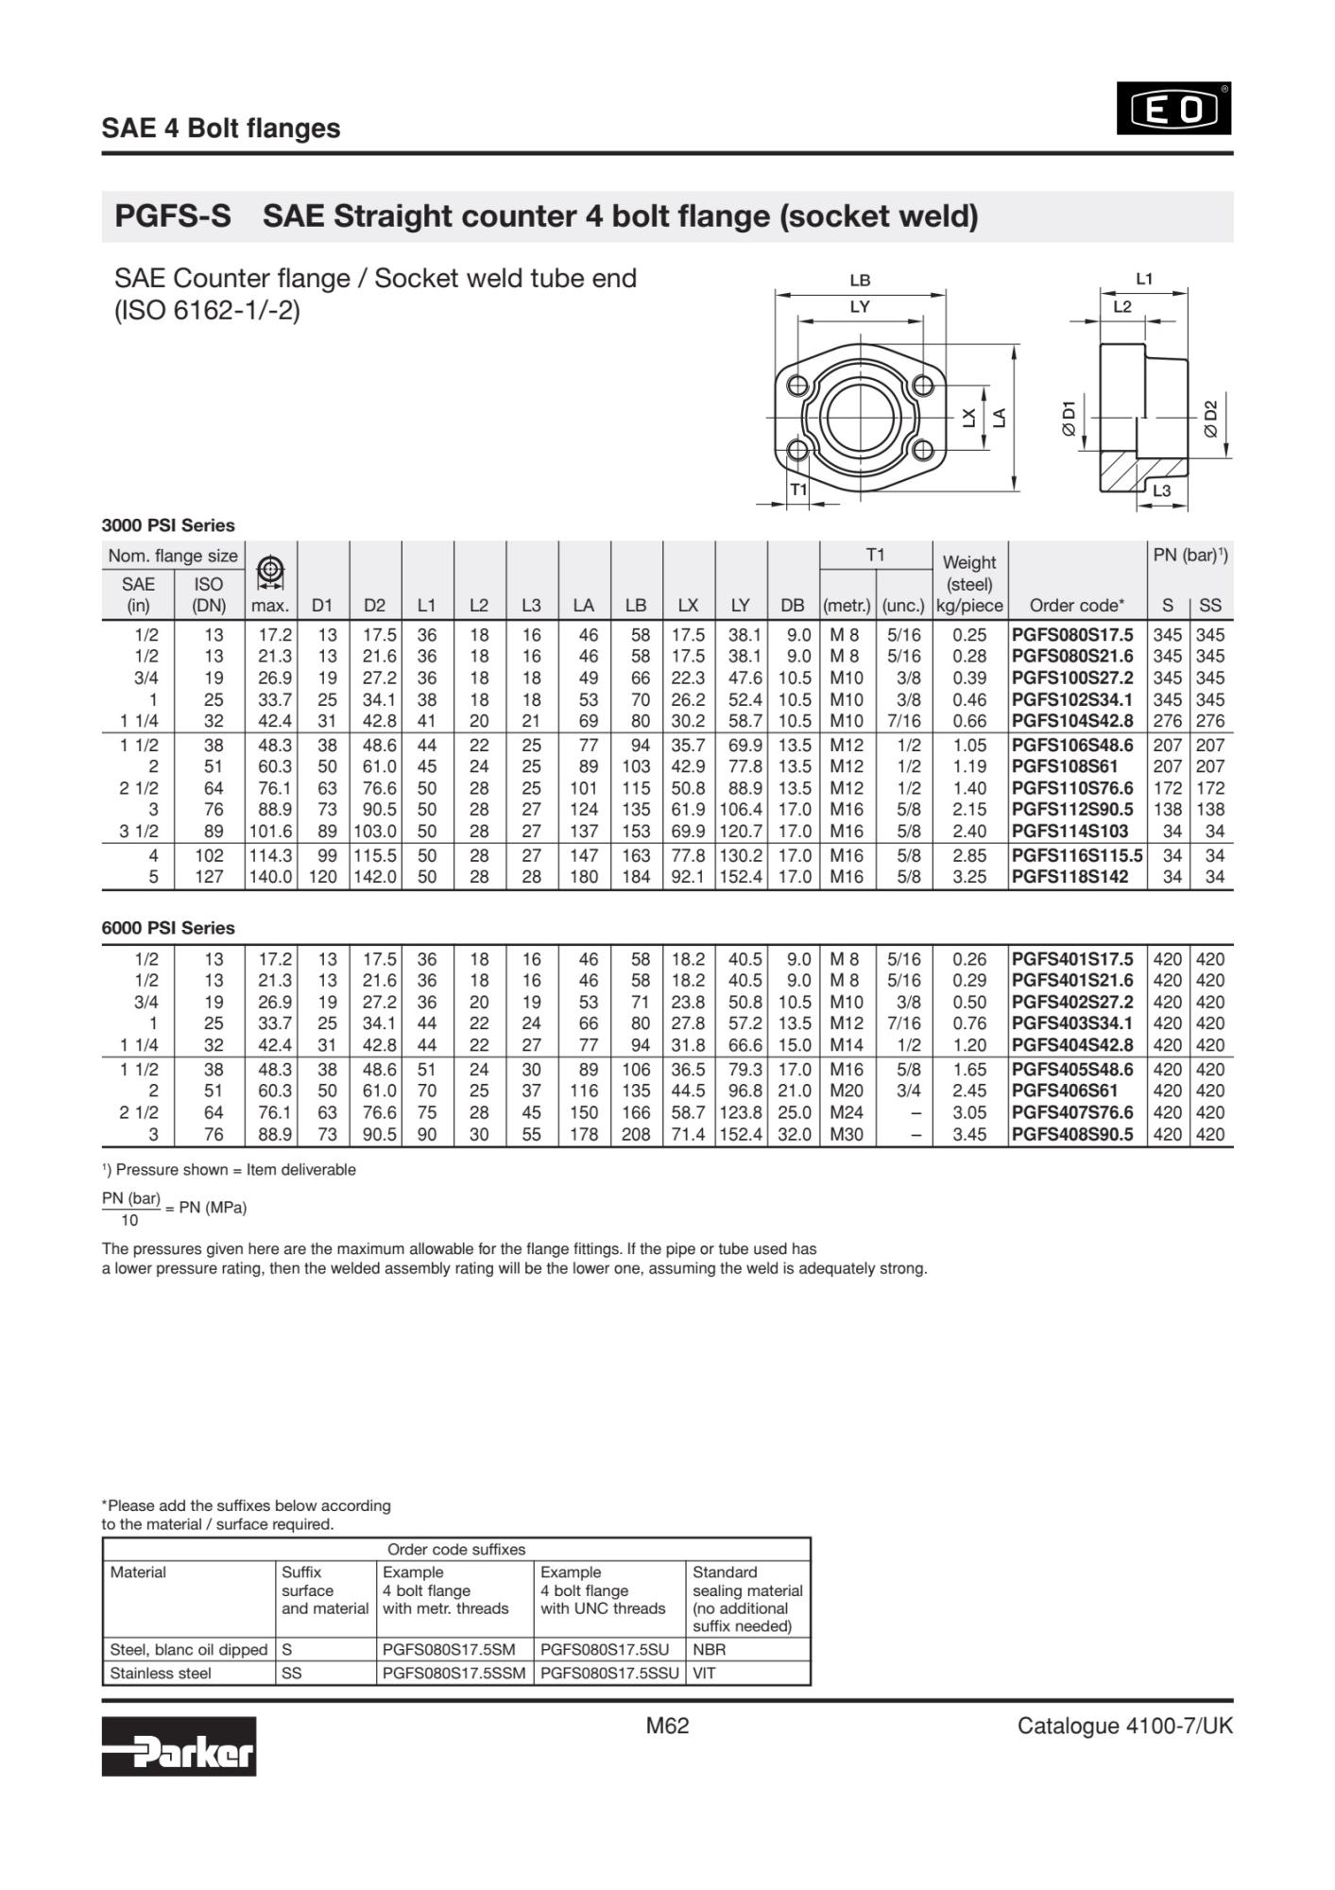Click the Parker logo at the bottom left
(x=179, y=1745)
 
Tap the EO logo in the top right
(x=1173, y=109)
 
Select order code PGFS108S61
(x=1064, y=766)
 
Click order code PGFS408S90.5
(x=1071, y=1134)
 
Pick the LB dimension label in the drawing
(x=860, y=281)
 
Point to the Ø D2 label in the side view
(x=1210, y=418)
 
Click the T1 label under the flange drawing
(x=798, y=490)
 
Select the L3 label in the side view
(x=1161, y=490)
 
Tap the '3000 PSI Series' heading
(x=168, y=525)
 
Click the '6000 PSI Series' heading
(x=168, y=928)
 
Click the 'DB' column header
(x=793, y=605)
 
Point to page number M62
(x=667, y=1727)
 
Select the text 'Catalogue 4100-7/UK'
(x=1124, y=1727)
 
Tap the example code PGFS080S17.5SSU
(x=609, y=1673)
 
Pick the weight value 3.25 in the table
(x=969, y=877)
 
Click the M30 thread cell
(x=846, y=1134)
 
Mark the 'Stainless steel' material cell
(x=161, y=1673)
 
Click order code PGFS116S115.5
(x=1076, y=855)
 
